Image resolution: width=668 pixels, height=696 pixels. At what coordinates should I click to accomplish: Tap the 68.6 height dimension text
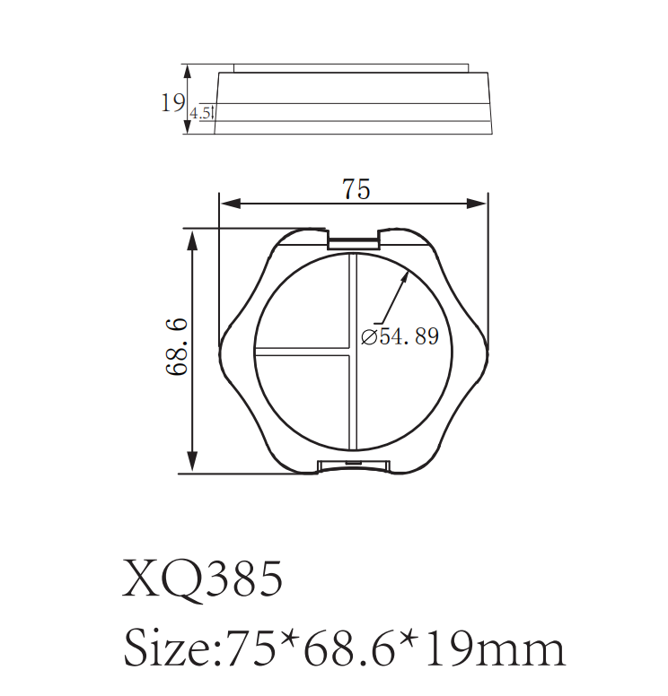pos(176,346)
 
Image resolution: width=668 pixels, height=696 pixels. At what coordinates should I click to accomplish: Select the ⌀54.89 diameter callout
pos(400,336)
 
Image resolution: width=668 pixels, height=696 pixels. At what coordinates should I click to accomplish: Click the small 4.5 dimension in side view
pos(201,114)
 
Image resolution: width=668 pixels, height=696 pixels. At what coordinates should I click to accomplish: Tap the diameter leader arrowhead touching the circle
pos(406,275)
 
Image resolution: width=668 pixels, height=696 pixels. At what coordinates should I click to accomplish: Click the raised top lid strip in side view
pos(350,67)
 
